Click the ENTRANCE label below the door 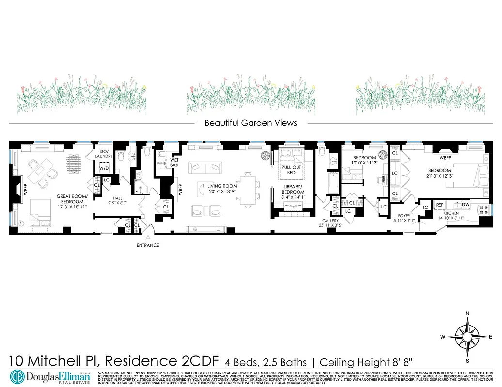tap(148, 245)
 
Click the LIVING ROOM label tap(222, 186)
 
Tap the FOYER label tap(404, 216)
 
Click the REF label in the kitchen tap(440, 205)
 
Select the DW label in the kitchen tap(465, 205)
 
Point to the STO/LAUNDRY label tap(103, 153)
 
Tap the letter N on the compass tap(467, 313)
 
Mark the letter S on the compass tap(467, 361)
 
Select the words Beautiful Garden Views tap(251, 123)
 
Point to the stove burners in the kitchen tap(483, 210)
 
